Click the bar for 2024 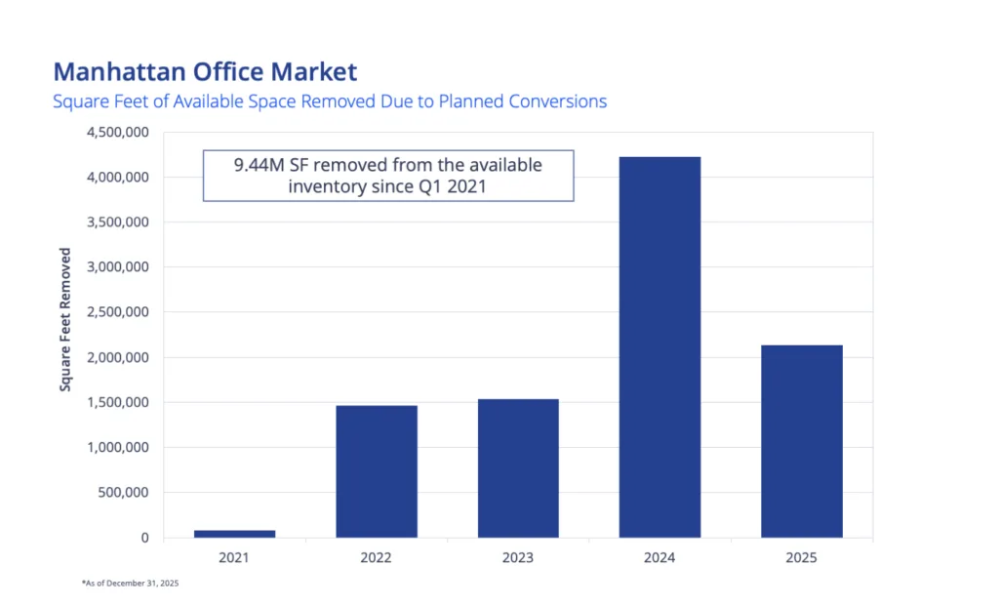point(659,346)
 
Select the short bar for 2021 point(234,534)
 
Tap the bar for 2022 point(377,471)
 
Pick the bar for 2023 point(518,468)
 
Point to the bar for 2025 point(802,441)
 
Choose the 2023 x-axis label point(518,558)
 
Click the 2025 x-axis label point(802,558)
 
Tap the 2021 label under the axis point(234,558)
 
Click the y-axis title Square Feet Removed point(66,319)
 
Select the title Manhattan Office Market point(205,71)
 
